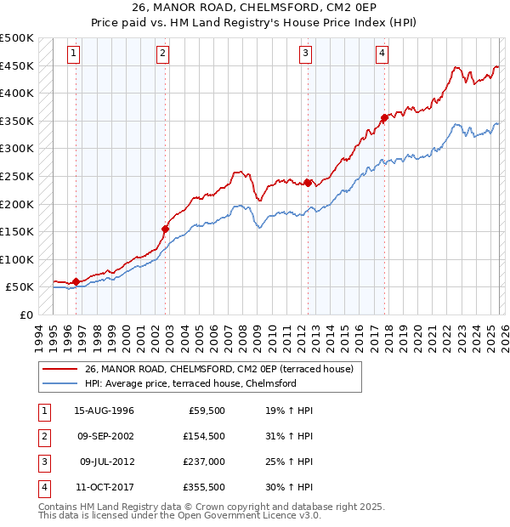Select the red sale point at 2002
click(x=166, y=228)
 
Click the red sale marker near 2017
click(x=384, y=118)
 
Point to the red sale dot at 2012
click(x=307, y=182)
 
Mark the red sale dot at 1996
click(x=76, y=281)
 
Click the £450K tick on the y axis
click(x=17, y=65)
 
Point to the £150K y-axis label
click(x=17, y=231)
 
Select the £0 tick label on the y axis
click(x=25, y=314)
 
